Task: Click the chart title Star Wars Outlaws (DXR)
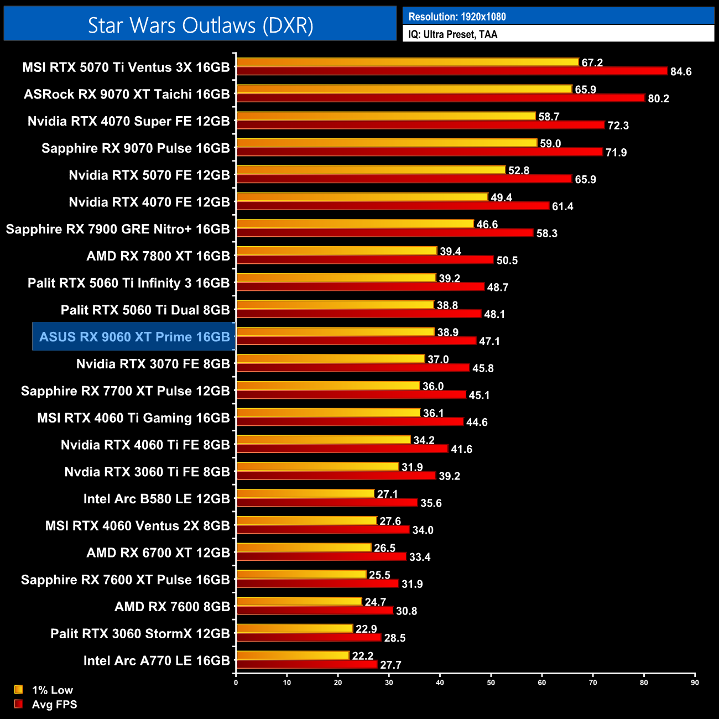coord(200,25)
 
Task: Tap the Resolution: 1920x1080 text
coord(457,17)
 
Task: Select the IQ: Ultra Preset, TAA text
coord(452,34)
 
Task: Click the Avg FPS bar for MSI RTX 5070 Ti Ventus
coord(451,71)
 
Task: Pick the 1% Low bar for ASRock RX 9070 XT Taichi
coord(404,89)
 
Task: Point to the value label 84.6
coord(681,72)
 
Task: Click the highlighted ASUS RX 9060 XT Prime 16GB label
coord(134,337)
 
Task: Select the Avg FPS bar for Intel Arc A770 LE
coord(306,664)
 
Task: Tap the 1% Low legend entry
coord(52,690)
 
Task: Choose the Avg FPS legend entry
coord(54,705)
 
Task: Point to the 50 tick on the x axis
coord(491,682)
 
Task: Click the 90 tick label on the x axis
coord(695,682)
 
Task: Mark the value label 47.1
coord(489,341)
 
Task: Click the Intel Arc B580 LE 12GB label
coord(157,499)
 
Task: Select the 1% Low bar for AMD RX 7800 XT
coord(336,251)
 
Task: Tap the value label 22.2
coord(363,656)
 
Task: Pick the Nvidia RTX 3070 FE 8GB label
coord(153,364)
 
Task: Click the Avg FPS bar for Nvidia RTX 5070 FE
coord(404,179)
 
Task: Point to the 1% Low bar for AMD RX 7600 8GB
coord(299,602)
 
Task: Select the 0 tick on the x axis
coord(236,682)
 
